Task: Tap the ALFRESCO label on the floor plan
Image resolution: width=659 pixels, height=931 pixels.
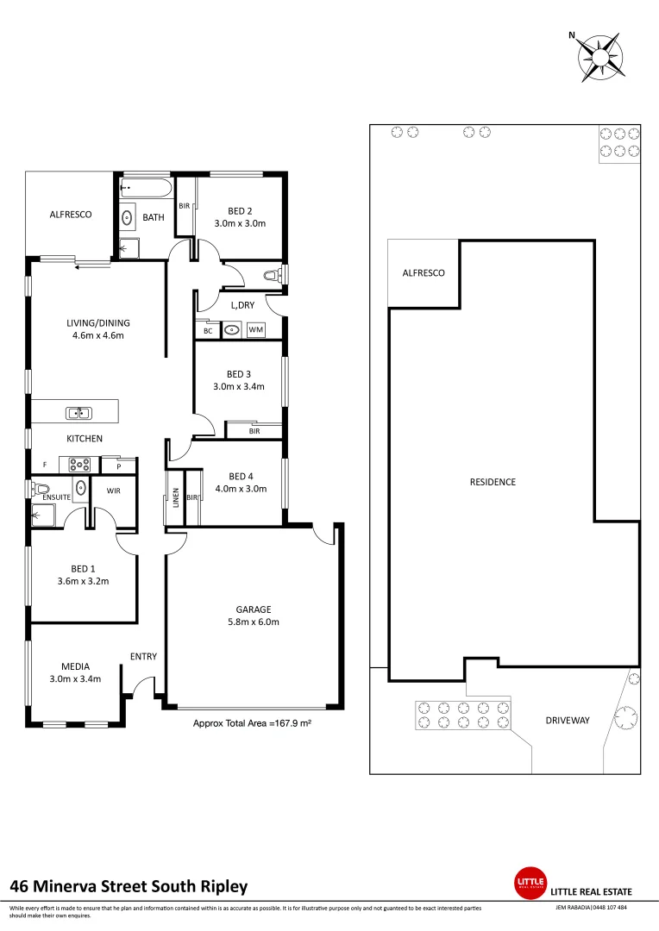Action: [x=70, y=214]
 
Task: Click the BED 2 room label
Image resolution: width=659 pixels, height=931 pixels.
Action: [x=239, y=210]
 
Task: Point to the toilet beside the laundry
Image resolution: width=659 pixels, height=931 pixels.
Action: [x=272, y=275]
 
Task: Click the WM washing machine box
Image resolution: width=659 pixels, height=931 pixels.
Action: [x=256, y=329]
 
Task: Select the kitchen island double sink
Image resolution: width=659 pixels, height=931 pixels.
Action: [x=78, y=413]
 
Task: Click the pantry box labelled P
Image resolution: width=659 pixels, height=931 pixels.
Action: [x=118, y=465]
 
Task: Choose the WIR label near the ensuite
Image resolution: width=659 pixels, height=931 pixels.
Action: [x=114, y=490]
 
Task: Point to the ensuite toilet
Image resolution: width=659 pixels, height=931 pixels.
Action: [x=41, y=489]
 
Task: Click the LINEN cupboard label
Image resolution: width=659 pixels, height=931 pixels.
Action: [x=175, y=497]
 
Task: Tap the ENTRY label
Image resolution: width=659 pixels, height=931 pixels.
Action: [x=143, y=657]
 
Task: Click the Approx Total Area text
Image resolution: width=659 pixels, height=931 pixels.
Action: [x=251, y=724]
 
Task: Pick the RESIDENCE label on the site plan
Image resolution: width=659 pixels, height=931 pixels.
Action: [x=493, y=482]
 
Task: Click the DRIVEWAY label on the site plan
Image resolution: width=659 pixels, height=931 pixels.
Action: [x=567, y=721]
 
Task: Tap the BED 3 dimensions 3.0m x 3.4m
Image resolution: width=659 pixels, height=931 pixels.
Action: [x=239, y=386]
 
